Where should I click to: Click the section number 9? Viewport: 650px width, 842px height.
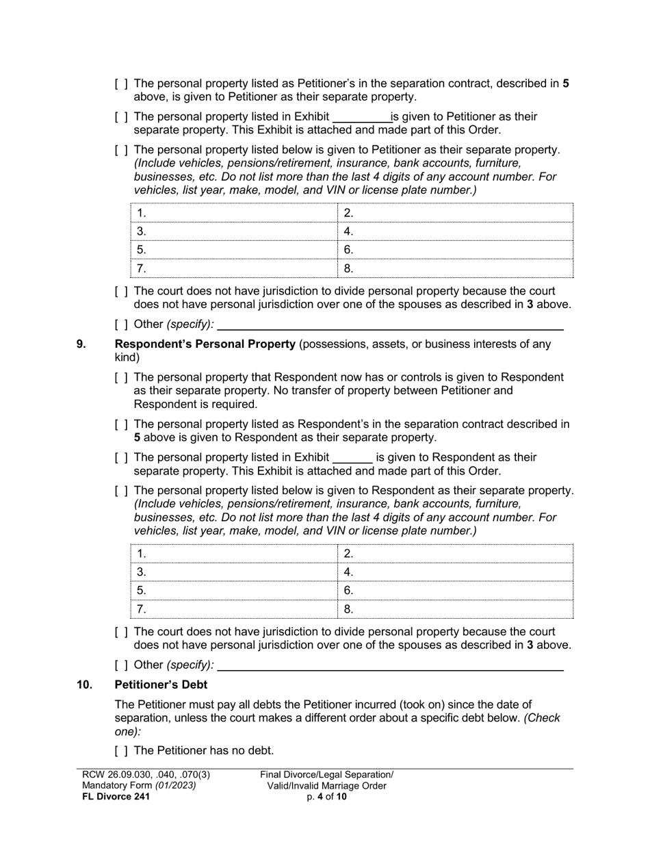point(81,344)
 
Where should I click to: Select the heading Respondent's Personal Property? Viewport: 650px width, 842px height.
point(205,344)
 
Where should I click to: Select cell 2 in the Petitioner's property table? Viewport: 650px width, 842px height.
point(456,214)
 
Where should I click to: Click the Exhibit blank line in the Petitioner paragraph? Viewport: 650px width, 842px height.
point(361,118)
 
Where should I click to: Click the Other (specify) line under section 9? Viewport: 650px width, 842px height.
point(390,665)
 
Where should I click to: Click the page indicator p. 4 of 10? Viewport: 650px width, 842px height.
point(326,797)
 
